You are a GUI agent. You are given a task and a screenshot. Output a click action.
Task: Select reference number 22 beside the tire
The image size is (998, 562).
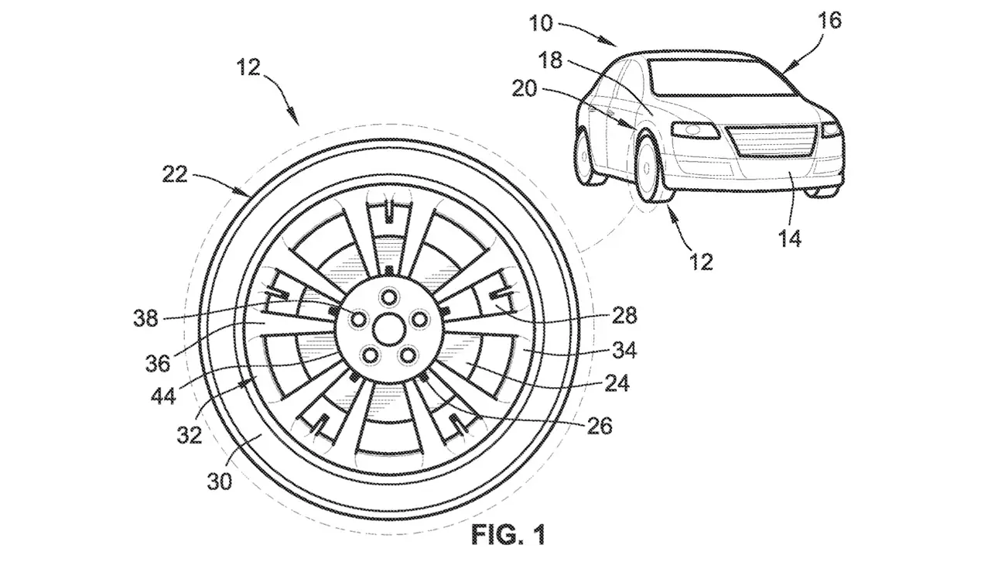(x=176, y=176)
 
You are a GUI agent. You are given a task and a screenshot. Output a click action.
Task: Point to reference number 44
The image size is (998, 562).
(x=164, y=397)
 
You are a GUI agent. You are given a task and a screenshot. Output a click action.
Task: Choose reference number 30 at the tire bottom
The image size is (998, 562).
(x=219, y=481)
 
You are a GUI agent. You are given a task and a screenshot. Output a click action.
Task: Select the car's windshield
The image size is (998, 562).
(x=721, y=79)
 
